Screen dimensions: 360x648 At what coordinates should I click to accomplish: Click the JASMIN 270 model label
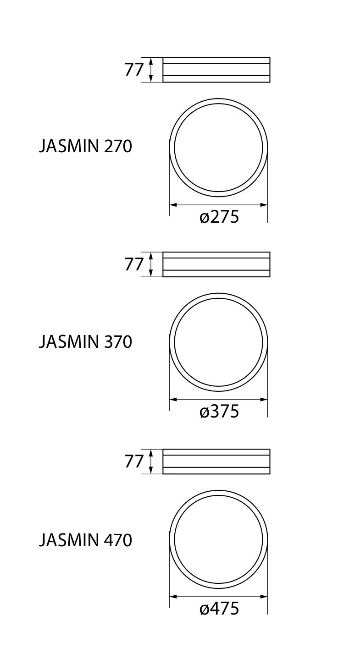tap(85, 146)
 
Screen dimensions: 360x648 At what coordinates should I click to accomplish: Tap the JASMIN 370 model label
tap(85, 342)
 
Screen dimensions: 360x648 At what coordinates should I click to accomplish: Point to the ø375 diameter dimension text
tap(219, 412)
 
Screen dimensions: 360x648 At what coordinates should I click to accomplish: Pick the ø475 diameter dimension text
tap(219, 609)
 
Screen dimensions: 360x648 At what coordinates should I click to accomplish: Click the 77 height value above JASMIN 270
tap(134, 70)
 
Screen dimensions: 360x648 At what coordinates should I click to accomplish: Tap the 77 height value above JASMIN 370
tap(134, 264)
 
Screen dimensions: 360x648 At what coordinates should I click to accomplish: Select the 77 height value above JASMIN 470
tap(134, 461)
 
